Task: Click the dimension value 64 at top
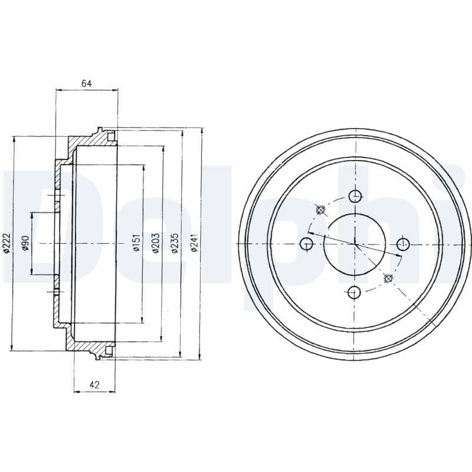(86, 84)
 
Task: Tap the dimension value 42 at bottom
(94, 385)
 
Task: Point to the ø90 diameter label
(25, 243)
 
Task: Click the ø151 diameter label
(136, 243)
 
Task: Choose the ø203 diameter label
(156, 243)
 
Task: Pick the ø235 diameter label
(175, 243)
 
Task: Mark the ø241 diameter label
(194, 243)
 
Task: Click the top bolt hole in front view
(355, 196)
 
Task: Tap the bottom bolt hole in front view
(355, 291)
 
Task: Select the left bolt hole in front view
(306, 244)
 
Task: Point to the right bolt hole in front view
(403, 244)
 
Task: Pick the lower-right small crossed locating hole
(388, 278)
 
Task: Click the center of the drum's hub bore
(355, 244)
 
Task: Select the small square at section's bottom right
(110, 352)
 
